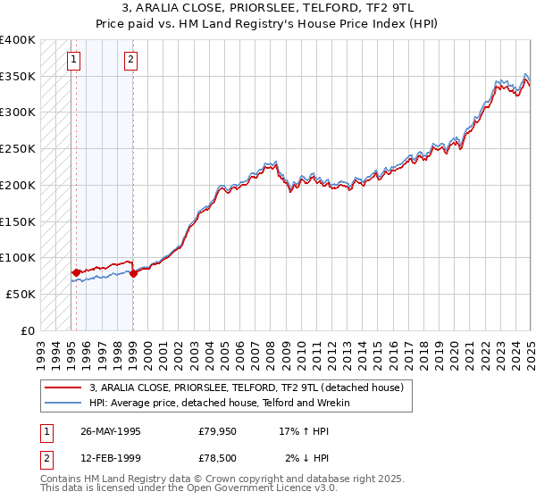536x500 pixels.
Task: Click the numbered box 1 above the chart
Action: click(72, 61)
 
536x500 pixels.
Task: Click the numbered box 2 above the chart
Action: click(130, 61)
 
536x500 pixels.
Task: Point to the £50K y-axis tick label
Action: click(21, 294)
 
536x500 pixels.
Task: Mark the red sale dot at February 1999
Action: click(133, 273)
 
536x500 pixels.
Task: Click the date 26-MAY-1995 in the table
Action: click(111, 431)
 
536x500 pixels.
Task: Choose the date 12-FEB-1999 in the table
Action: click(111, 458)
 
